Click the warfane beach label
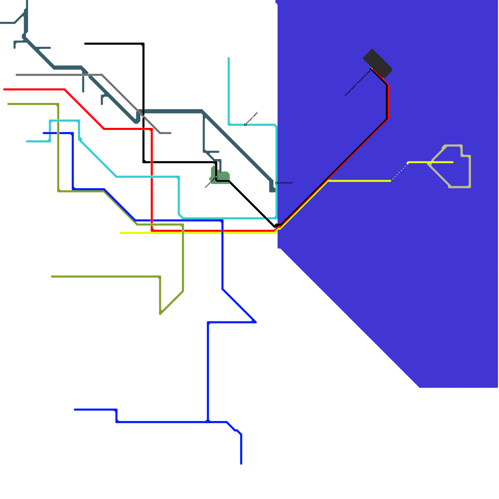pyautogui.click(x=285, y=183)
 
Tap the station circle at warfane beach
pyautogui.click(x=276, y=183)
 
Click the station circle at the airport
pyautogui.click(x=372, y=69)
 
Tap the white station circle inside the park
pyautogui.click(x=216, y=177)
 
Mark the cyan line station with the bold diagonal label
pyautogui.click(x=245, y=125)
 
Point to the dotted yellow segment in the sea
pyautogui.click(x=400, y=172)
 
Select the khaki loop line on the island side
pyautogui.click(x=470, y=172)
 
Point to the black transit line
pyautogui.click(x=143, y=78)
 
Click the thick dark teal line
pyautogui.click(x=172, y=112)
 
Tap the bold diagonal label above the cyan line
pyautogui.click(x=252, y=118)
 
